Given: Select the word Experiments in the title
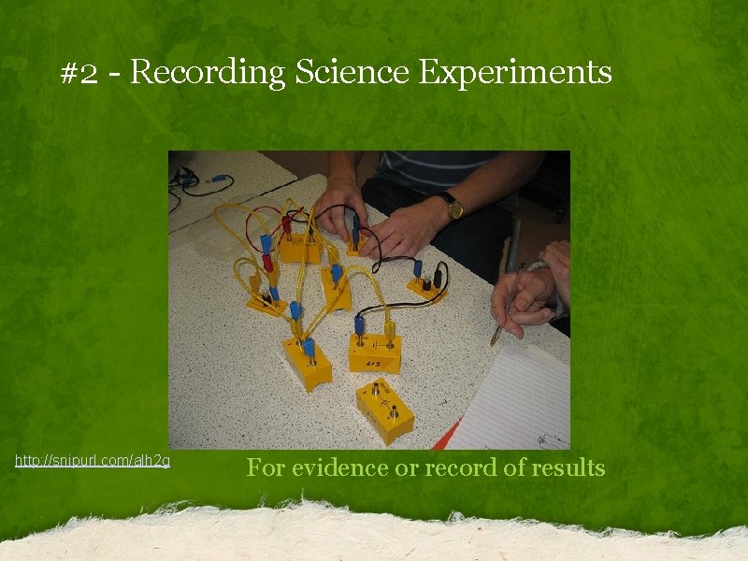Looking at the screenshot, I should [515, 72].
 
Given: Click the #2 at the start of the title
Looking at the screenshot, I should [79, 73].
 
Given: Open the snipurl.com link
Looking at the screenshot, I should [93, 461].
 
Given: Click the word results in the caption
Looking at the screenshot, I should [565, 467].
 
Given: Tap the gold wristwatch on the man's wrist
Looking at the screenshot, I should [453, 206].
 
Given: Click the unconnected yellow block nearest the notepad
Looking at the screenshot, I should [385, 409].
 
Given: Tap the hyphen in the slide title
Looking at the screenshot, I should [113, 74].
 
